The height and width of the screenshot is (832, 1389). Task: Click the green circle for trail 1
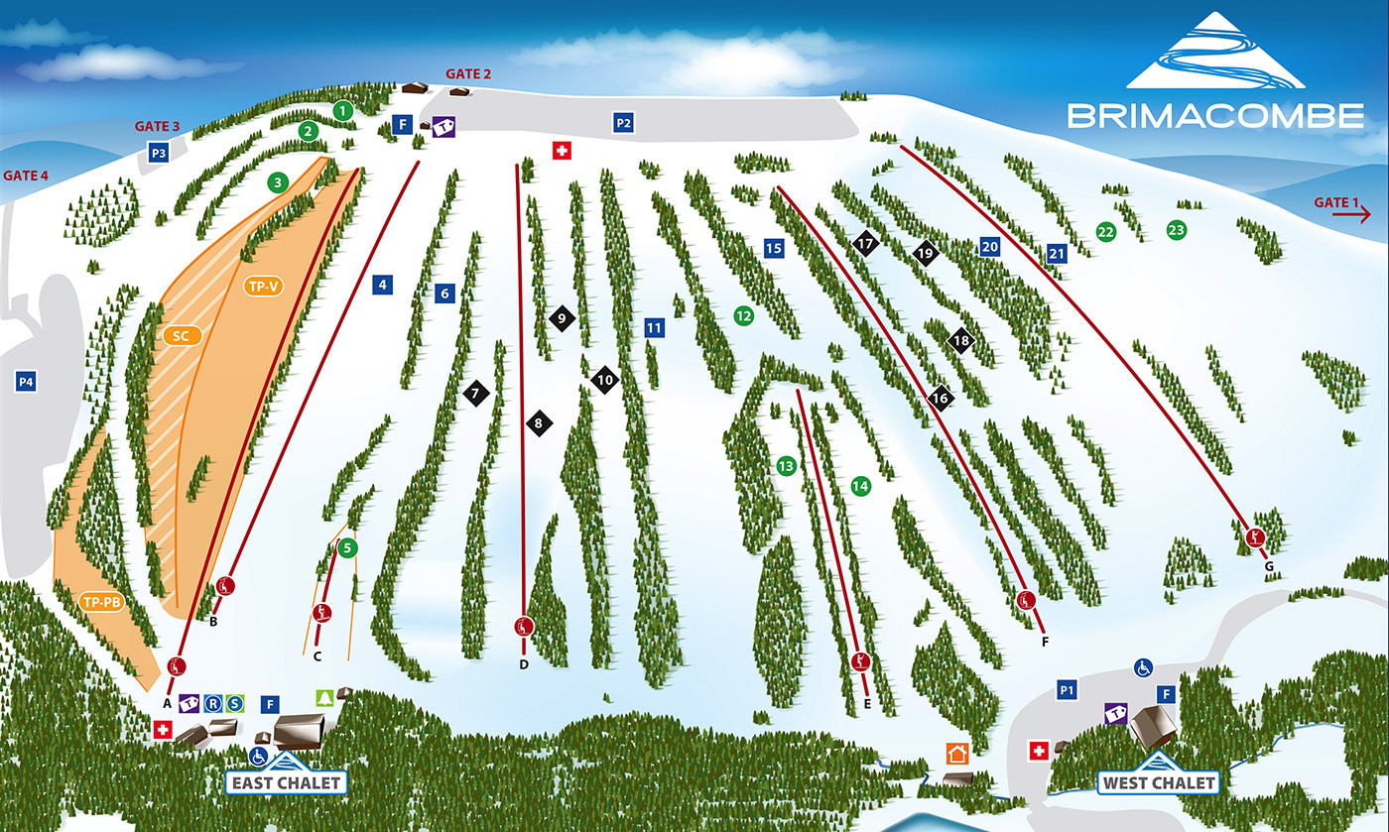click(x=343, y=110)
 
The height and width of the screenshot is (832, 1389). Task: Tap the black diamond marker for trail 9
click(x=562, y=318)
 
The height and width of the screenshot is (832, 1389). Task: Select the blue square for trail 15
click(x=774, y=249)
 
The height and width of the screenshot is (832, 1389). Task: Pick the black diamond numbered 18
click(x=960, y=340)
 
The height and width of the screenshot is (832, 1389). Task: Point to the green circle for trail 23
click(x=1177, y=230)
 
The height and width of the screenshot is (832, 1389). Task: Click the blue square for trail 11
click(x=653, y=327)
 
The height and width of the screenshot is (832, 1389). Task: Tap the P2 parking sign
click(x=623, y=123)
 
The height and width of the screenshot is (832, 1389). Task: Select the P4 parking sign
click(x=26, y=381)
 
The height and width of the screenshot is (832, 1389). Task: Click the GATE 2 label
click(x=468, y=73)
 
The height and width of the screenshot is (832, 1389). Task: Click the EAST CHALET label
click(x=287, y=782)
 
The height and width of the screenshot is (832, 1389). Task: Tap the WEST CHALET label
click(x=1158, y=782)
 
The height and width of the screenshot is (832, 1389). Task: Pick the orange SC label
click(x=181, y=336)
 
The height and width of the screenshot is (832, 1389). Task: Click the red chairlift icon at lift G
click(x=1256, y=538)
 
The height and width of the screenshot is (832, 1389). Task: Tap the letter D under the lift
click(x=524, y=664)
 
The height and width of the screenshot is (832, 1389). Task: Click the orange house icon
click(x=957, y=754)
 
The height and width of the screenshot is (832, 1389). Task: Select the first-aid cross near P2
click(x=563, y=150)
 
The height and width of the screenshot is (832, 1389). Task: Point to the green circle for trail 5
click(x=346, y=547)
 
